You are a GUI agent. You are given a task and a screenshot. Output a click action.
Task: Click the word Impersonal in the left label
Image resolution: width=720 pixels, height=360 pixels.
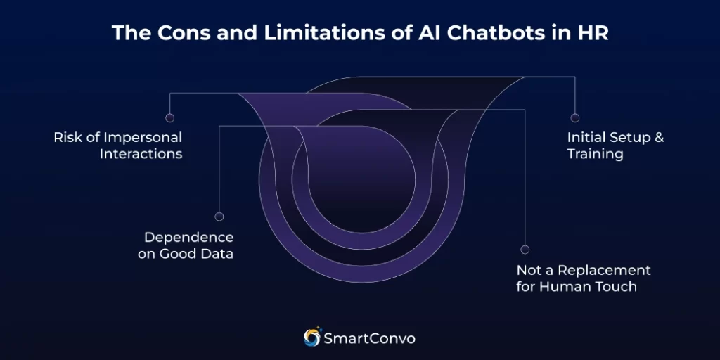144,137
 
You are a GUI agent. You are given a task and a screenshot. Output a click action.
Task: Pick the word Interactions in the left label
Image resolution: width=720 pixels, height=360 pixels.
141,153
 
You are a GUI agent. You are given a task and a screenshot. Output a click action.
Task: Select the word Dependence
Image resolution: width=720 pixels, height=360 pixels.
188,238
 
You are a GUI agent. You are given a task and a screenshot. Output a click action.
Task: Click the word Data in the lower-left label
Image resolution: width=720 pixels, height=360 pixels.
216,254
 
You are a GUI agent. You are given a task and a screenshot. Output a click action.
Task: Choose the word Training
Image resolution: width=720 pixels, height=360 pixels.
595,153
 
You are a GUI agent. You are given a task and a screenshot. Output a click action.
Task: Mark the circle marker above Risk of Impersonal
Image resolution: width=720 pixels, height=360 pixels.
169,118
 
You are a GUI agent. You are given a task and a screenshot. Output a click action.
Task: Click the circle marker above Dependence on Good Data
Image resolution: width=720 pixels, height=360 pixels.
219,217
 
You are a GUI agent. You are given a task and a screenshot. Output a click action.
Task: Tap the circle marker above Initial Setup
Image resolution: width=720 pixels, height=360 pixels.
575,118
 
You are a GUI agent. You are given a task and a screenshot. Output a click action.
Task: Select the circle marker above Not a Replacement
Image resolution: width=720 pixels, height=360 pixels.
525,250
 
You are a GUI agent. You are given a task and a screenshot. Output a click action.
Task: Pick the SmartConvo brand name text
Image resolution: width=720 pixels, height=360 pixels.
369,338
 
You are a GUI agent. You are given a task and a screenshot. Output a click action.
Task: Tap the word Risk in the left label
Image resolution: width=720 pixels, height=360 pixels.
68,137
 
